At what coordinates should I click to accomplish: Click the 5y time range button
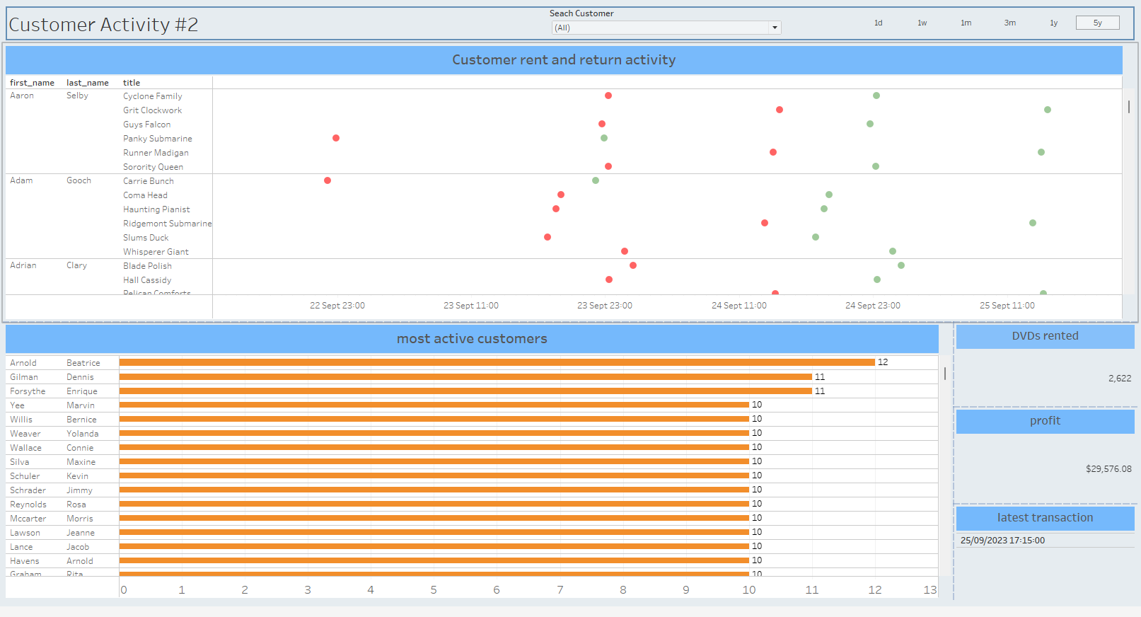coord(1097,23)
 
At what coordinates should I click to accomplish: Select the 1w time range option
coord(922,23)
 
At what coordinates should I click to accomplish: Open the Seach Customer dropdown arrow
coord(775,28)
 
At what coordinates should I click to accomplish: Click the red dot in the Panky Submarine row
coord(336,138)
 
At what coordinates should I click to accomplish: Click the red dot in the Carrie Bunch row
coord(328,180)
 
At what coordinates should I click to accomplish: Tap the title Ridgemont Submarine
coord(167,224)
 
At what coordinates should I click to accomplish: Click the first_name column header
coord(32,83)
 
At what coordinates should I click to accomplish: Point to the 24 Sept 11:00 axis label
coord(739,306)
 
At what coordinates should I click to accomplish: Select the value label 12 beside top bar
coord(883,362)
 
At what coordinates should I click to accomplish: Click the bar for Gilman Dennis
coord(465,376)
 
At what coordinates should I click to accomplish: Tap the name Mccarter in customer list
coord(28,519)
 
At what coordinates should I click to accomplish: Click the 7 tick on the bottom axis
coord(560,589)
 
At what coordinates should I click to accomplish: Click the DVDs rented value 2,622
coord(1119,379)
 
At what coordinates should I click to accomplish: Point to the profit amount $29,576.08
coord(1108,469)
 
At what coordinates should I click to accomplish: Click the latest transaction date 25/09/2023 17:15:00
coord(1002,541)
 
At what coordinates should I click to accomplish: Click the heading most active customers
coord(472,339)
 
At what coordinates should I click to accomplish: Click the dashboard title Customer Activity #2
coord(103,25)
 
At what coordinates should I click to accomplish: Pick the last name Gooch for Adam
coord(79,180)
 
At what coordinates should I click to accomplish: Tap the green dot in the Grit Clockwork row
coord(1048,110)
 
